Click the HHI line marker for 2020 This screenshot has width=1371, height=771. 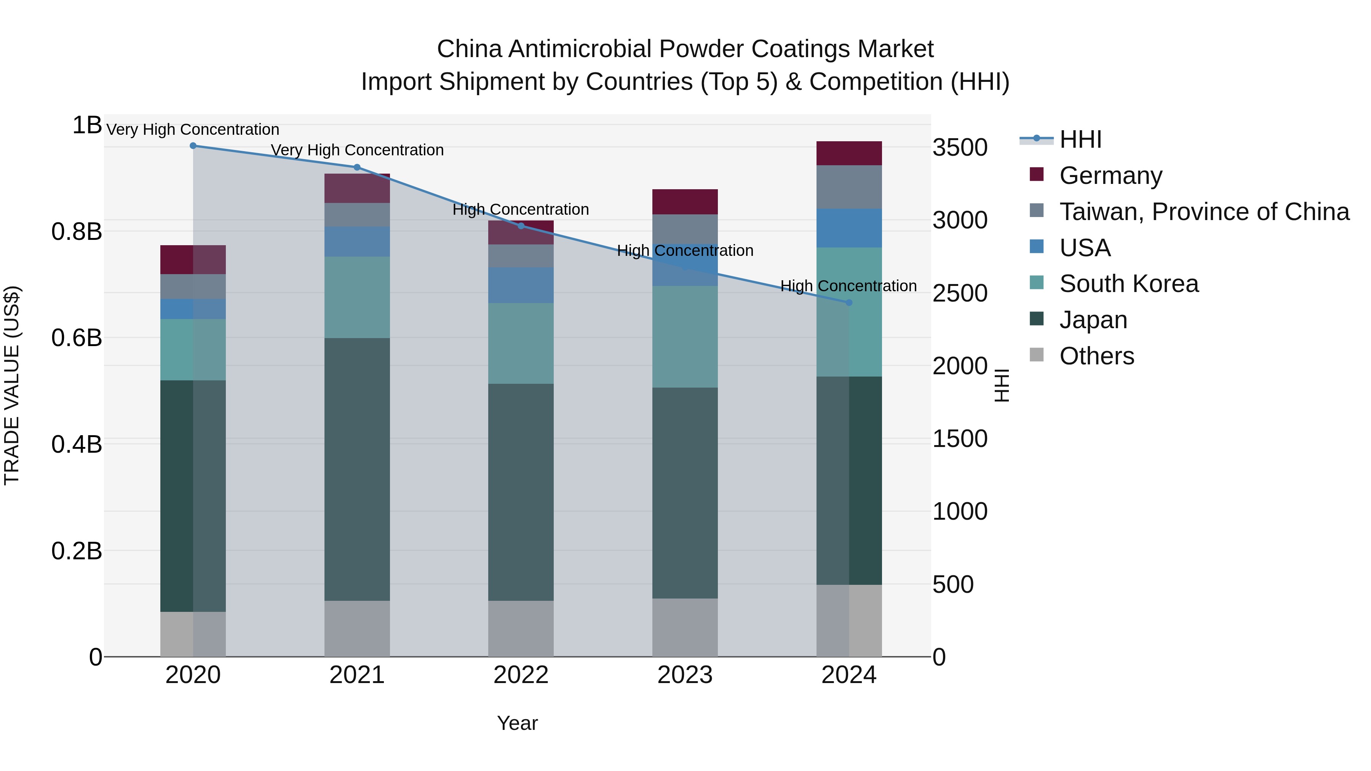pyautogui.click(x=193, y=146)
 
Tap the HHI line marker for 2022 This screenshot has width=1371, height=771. pyautogui.click(x=521, y=226)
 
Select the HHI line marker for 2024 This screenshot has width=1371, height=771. pyautogui.click(x=849, y=303)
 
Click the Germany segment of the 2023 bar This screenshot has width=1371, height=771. pyautogui.click(x=685, y=202)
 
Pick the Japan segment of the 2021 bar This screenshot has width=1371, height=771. pyautogui.click(x=357, y=469)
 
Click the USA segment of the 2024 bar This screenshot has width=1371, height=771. pyautogui.click(x=849, y=228)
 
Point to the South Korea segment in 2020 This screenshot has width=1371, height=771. pyautogui.click(x=193, y=350)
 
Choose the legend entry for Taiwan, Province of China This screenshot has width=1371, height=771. pyautogui.click(x=1204, y=212)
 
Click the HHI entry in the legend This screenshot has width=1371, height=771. pyautogui.click(x=1080, y=139)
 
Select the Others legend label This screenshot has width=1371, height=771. pyautogui.click(x=1096, y=356)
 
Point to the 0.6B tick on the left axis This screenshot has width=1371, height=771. pyautogui.click(x=77, y=338)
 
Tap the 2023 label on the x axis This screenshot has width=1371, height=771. pyautogui.click(x=685, y=675)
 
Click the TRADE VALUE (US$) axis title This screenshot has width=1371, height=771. pyautogui.click(x=12, y=385)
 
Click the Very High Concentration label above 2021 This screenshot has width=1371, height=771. pyautogui.click(x=357, y=150)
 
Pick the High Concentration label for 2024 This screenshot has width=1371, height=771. pyautogui.click(x=848, y=286)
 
